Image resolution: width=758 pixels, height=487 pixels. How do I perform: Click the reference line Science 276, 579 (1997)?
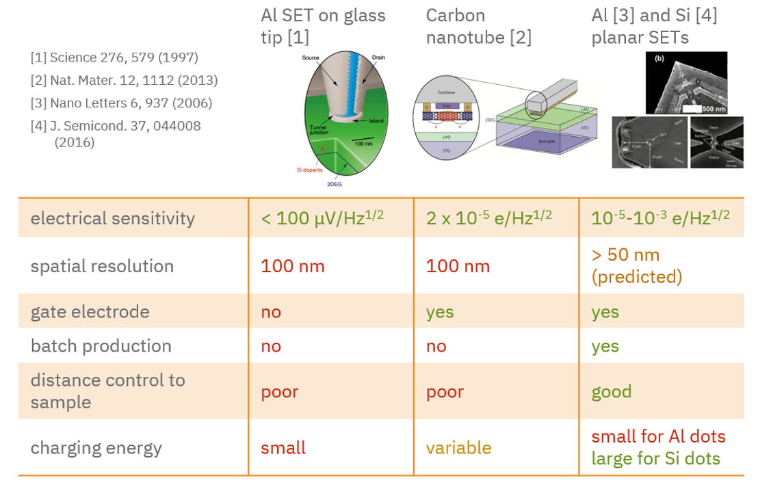[x=114, y=58]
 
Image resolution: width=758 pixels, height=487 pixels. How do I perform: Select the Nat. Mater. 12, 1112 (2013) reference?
[x=124, y=81]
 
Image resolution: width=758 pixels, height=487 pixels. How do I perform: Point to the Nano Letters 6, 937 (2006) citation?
[x=121, y=103]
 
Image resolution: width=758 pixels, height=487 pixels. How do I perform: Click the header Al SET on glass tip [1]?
[x=323, y=26]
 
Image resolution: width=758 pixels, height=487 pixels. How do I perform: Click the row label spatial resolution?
[x=102, y=266]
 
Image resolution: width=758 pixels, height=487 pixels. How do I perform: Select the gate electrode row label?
[x=90, y=312]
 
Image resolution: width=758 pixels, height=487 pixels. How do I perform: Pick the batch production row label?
[x=101, y=346]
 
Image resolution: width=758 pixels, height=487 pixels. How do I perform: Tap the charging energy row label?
[x=96, y=448]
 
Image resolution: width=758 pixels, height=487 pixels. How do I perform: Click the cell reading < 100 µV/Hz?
[x=322, y=218]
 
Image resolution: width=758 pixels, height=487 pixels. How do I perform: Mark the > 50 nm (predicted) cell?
[x=637, y=265]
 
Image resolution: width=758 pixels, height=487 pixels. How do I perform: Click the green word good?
[x=612, y=391]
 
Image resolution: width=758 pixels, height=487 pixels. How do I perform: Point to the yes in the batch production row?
[x=605, y=346]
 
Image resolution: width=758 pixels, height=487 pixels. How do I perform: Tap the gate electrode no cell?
[x=271, y=312]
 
